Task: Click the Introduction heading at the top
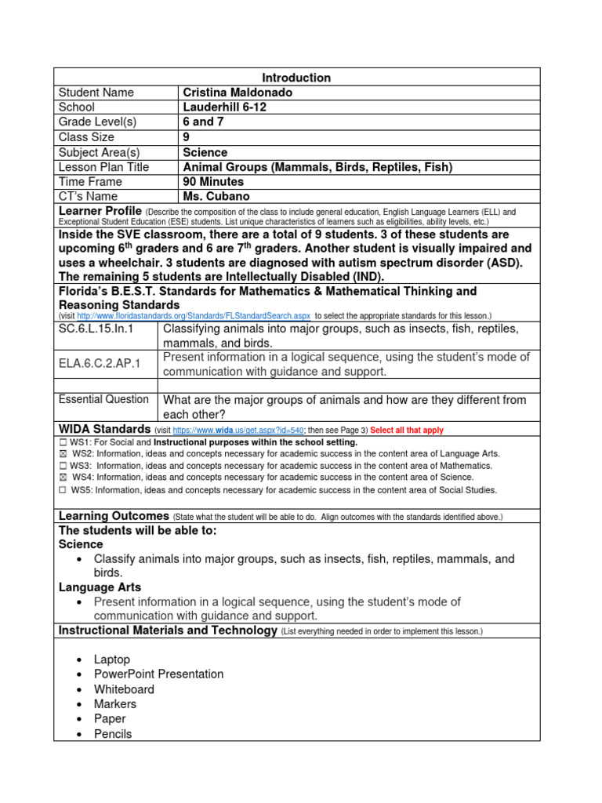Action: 296,78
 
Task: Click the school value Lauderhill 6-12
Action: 225,107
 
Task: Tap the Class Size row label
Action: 86,137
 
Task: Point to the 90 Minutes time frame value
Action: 213,182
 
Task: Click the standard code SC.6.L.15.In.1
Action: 96,329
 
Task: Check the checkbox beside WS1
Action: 63,442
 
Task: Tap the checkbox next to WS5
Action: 63,490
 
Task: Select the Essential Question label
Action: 103,400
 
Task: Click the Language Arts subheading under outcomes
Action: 100,587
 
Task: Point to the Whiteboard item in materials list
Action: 124,689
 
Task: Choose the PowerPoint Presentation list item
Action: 158,674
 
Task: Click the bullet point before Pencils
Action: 80,735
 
